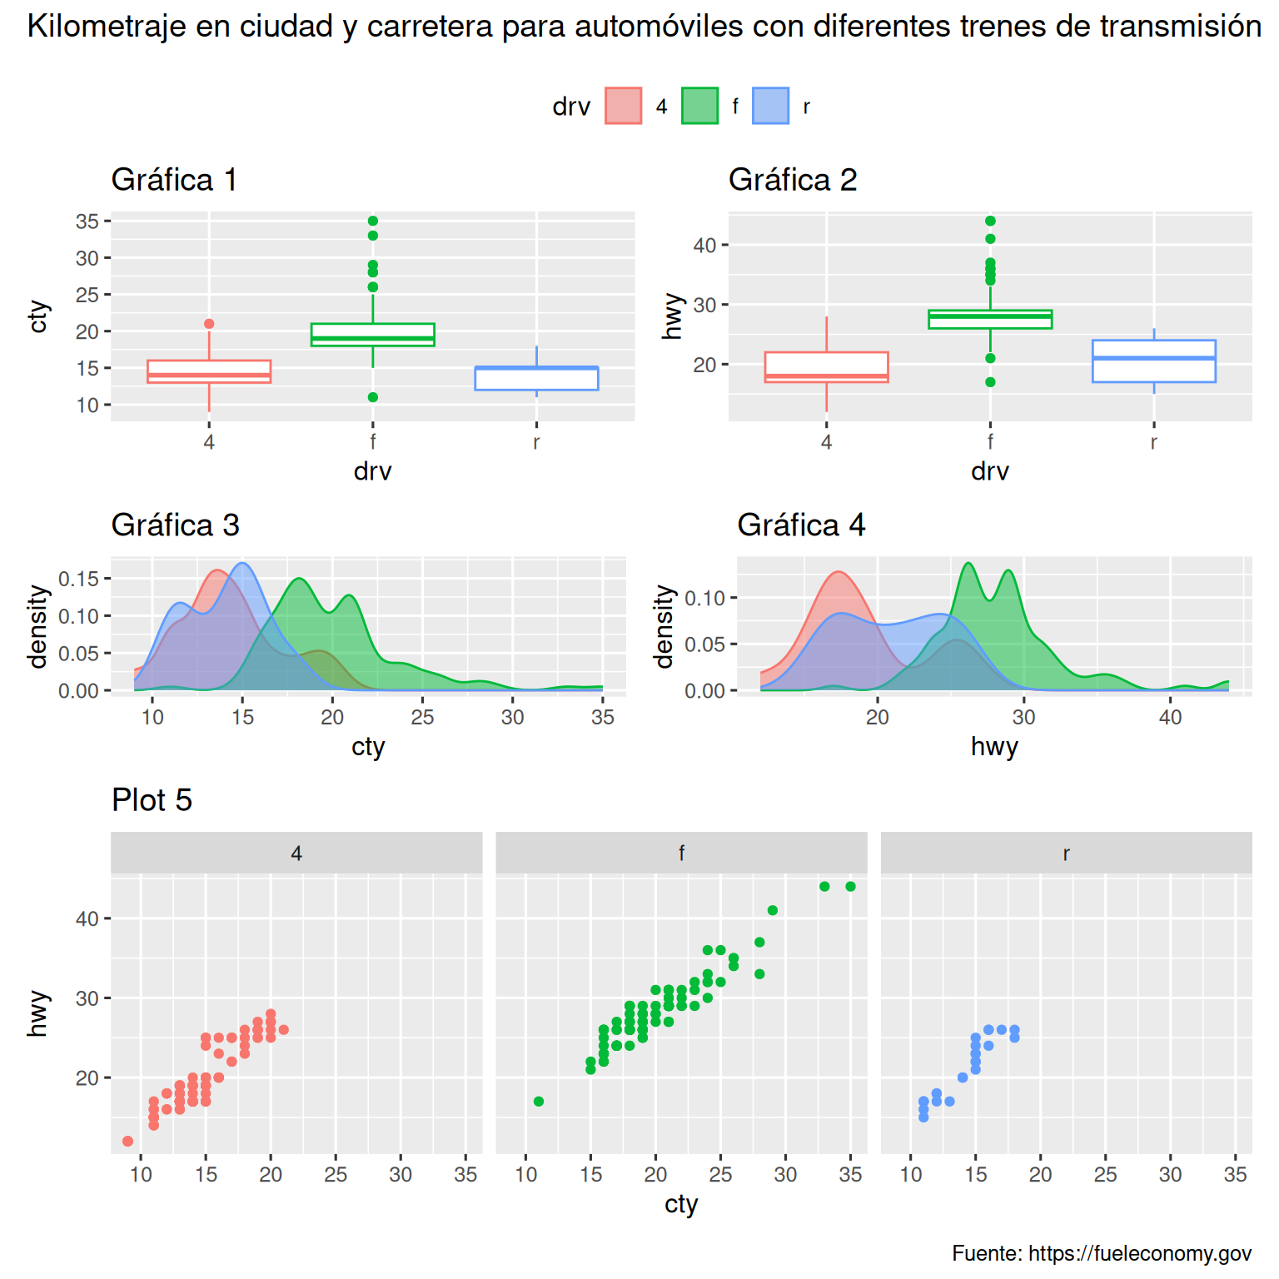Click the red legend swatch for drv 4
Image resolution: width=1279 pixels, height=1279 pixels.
click(623, 106)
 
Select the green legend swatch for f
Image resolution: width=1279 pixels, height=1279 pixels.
click(699, 106)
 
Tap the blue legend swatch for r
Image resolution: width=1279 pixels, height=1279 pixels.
click(770, 106)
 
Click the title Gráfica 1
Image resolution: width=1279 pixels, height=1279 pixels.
click(174, 180)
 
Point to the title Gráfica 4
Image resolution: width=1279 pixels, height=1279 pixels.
click(801, 525)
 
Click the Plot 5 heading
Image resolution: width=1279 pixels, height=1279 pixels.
click(152, 800)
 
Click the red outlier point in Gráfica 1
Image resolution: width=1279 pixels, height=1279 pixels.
click(209, 324)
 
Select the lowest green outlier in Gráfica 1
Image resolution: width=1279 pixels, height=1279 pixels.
click(373, 397)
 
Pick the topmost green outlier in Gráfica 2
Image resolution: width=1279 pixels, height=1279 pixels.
click(990, 221)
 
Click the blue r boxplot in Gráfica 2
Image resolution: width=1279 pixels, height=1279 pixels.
click(1153, 361)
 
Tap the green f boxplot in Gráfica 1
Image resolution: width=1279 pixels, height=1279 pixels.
click(373, 334)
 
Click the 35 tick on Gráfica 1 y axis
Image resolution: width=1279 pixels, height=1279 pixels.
click(87, 221)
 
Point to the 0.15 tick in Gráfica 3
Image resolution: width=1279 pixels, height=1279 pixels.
click(78, 579)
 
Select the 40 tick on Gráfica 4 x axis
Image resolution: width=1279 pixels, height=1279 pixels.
click(1170, 718)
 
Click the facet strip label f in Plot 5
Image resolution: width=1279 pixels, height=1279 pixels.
click(681, 853)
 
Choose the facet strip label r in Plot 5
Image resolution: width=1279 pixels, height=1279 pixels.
click(1066, 853)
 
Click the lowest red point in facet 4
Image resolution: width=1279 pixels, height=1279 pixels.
click(127, 1141)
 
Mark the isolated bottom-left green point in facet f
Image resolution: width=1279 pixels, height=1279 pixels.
click(539, 1102)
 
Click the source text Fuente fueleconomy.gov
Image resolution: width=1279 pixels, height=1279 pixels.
click(1101, 1253)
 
